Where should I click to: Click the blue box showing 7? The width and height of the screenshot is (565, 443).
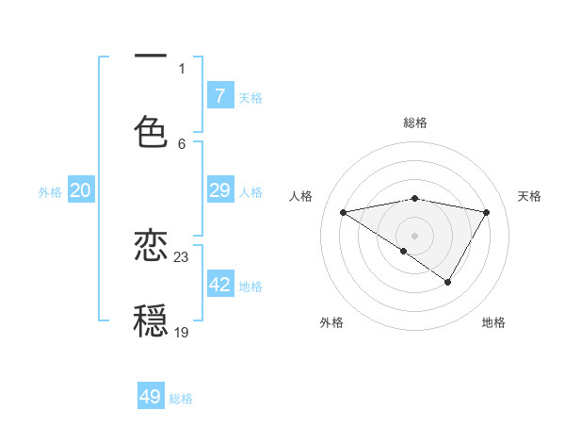(220, 95)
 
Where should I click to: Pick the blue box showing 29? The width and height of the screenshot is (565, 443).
(220, 190)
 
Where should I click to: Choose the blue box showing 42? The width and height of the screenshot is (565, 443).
(220, 285)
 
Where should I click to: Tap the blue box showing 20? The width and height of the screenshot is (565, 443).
(80, 190)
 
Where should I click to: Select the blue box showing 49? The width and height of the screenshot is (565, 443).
(151, 397)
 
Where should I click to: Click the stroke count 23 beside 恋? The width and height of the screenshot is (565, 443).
(182, 256)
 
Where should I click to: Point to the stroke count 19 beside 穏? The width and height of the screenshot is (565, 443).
(182, 332)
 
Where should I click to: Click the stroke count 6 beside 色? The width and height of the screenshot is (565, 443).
(182, 143)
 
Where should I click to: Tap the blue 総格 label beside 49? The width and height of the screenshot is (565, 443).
(181, 399)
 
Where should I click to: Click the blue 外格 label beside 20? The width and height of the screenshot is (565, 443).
(50, 192)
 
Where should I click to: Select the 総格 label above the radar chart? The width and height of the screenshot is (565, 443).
(415, 123)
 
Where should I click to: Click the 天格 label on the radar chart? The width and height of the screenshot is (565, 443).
(530, 196)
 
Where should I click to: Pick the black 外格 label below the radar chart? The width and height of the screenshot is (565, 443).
(331, 322)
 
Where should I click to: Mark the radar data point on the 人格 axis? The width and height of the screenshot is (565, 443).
(344, 212)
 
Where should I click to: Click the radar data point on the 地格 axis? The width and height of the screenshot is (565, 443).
(448, 282)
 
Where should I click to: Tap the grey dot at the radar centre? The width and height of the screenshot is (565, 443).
(415, 235)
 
